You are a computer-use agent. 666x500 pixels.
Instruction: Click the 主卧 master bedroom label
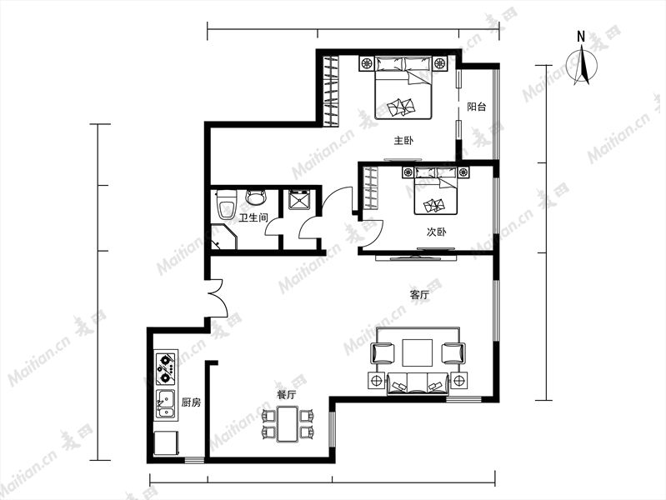(403, 140)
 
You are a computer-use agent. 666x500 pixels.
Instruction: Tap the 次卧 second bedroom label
(436, 232)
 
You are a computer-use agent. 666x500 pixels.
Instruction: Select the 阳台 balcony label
(476, 107)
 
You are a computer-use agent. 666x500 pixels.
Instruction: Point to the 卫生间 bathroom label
(253, 218)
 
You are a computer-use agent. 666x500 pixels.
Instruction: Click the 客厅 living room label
(419, 294)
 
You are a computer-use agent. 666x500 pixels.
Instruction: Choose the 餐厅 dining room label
(287, 395)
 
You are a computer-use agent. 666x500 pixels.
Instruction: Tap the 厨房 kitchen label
(191, 402)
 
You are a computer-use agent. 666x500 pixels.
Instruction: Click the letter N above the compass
(581, 37)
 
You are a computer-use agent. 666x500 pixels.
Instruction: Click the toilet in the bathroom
(226, 204)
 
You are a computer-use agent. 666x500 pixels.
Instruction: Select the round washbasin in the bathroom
(256, 197)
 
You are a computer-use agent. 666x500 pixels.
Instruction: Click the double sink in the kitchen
(165, 404)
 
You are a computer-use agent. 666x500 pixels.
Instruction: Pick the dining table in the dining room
(288, 424)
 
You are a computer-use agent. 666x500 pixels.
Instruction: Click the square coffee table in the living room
(417, 352)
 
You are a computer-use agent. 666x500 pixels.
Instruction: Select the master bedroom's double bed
(403, 88)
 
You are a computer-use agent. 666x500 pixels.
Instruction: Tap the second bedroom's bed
(436, 191)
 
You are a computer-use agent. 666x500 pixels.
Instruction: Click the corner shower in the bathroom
(224, 237)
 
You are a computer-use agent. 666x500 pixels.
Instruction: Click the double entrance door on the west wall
(217, 297)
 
